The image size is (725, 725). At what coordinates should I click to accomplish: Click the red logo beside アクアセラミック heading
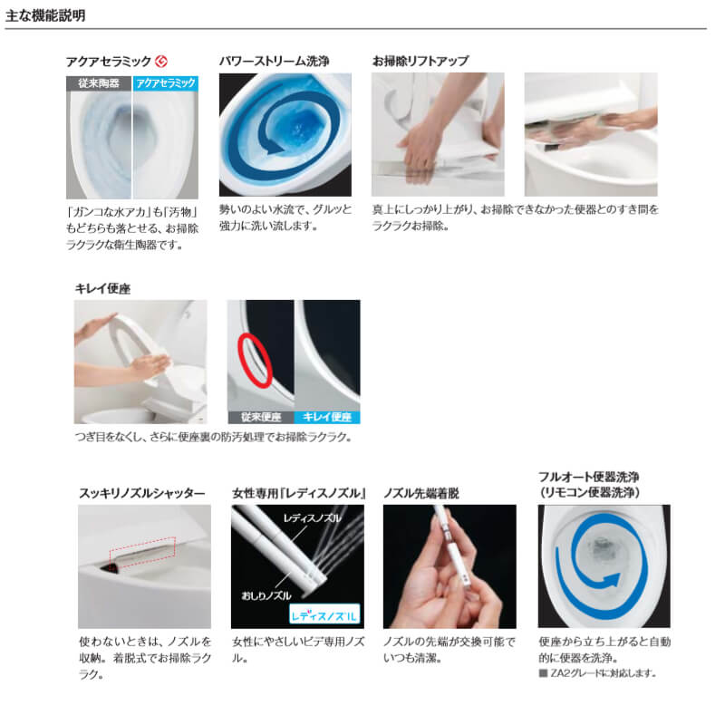click(x=162, y=62)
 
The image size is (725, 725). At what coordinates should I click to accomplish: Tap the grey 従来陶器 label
click(x=99, y=82)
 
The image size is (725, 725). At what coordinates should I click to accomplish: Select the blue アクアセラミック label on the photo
click(x=165, y=82)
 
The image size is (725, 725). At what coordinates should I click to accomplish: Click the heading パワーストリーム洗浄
click(x=274, y=61)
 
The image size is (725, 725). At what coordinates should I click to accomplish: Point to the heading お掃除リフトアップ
click(x=420, y=61)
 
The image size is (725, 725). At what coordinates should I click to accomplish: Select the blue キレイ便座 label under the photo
click(x=327, y=418)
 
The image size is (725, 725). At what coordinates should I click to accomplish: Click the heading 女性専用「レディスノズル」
click(x=298, y=493)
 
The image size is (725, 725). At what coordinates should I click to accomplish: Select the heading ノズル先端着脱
click(x=421, y=493)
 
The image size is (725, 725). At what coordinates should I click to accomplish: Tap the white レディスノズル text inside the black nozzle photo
click(x=312, y=518)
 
